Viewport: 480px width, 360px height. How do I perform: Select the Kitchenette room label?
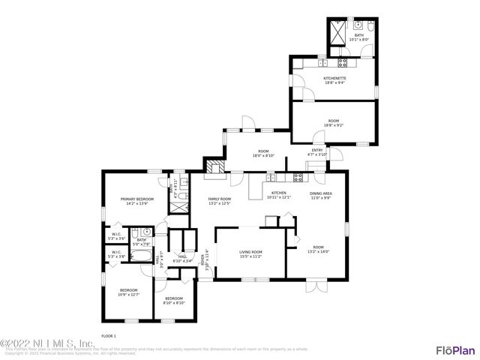[x=334, y=77]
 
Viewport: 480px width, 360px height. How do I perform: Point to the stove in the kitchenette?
[x=343, y=63]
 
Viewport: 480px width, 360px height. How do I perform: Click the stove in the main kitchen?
[x=298, y=178]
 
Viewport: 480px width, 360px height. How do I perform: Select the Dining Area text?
[x=322, y=193]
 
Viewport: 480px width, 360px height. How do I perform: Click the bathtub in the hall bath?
[x=141, y=256]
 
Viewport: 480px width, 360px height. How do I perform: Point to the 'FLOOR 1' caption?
[x=109, y=335]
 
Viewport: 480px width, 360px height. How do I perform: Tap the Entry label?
[x=317, y=150]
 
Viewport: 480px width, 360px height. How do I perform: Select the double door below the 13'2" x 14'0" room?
[x=316, y=287]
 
